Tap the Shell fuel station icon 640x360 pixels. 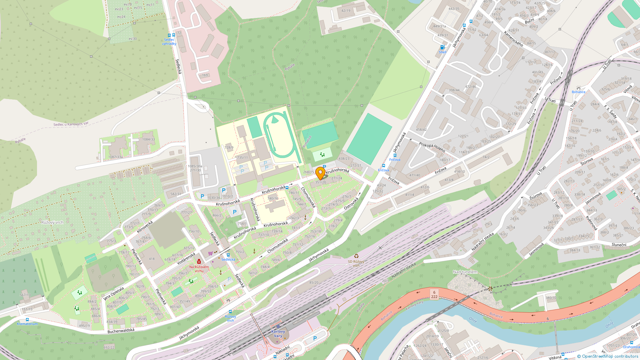pyautogui.click(x=442, y=47)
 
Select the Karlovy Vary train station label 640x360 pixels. pyautogui.click(x=278, y=333)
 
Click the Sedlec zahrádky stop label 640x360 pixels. pyautogui.click(x=169, y=42)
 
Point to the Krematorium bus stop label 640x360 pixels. pyautogui.click(x=27, y=324)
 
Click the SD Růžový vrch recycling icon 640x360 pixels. pyautogui.click(x=356, y=256)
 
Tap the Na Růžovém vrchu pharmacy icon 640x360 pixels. pyautogui.click(x=199, y=261)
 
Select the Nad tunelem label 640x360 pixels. pyautogui.click(x=465, y=272)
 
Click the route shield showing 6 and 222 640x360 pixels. pyautogui.click(x=434, y=294)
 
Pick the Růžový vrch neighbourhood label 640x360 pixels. pyautogui.click(x=52, y=222)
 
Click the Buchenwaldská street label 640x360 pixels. pyautogui.click(x=121, y=331)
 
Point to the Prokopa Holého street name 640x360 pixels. pyautogui.click(x=432, y=147)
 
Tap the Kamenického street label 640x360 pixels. pyautogui.click(x=513, y=39)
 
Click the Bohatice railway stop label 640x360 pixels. pyautogui.click(x=578, y=92)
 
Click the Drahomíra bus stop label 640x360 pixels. pyautogui.click(x=631, y=347)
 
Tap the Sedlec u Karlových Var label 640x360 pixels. pyautogui.click(x=71, y=124)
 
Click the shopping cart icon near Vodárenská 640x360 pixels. pyautogui.click(x=210, y=253)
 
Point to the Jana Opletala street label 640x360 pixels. pyautogui.click(x=114, y=293)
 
